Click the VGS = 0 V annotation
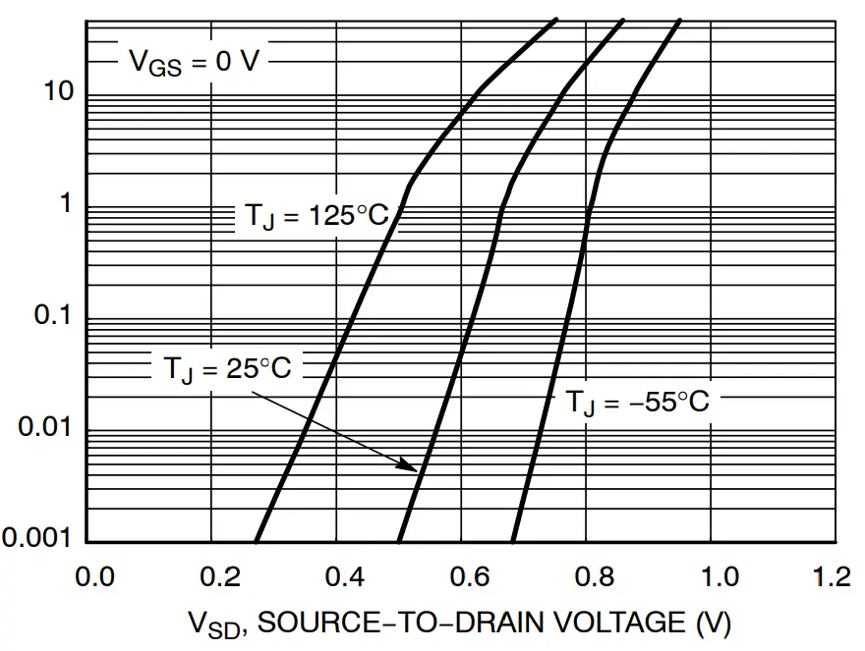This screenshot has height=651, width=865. coord(195,61)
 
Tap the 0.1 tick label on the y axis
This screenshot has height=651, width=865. coord(55,317)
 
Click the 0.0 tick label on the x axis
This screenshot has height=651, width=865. coord(93,576)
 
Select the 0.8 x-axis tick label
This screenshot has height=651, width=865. coord(587,576)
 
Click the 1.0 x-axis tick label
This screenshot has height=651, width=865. coord(712,576)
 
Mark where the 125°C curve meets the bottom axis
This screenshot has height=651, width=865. coord(257,540)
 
